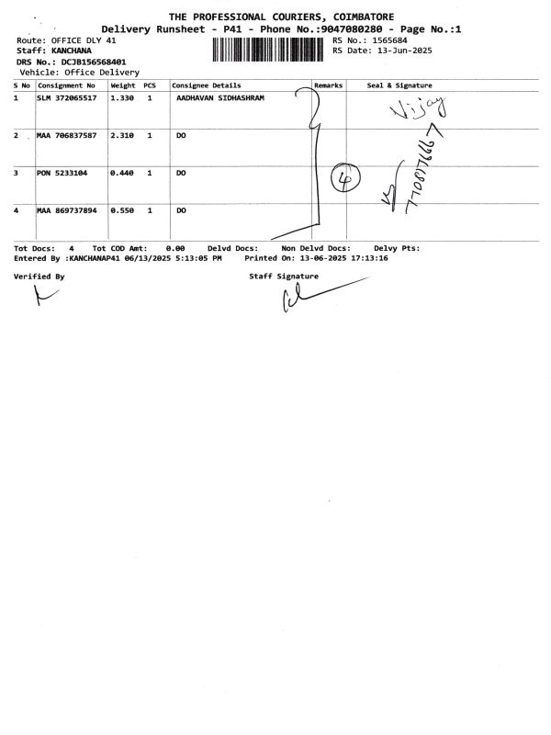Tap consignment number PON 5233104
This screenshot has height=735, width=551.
coord(62,173)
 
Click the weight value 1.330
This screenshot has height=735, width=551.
coord(122,96)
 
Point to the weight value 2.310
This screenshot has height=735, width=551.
coord(122,135)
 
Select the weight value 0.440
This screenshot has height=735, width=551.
coord(122,173)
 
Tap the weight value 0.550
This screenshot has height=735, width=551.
coord(122,210)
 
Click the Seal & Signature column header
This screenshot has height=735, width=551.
coord(399,85)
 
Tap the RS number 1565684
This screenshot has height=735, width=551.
coord(386,41)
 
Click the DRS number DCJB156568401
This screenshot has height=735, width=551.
coord(94,62)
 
